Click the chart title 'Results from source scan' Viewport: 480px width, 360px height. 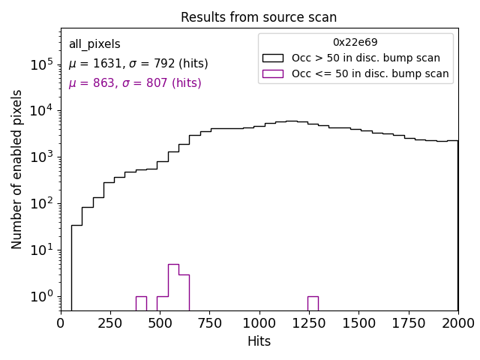(x=259, y=17)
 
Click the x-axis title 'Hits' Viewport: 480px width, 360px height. (x=259, y=341)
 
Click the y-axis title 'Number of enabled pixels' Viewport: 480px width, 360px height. (x=17, y=169)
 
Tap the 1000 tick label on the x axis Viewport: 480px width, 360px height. (x=259, y=323)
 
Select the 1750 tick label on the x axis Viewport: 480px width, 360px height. (x=408, y=323)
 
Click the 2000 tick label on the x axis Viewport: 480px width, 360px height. (x=457, y=323)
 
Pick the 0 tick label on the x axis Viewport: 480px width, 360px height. (x=61, y=323)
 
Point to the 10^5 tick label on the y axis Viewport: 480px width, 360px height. (x=40, y=64)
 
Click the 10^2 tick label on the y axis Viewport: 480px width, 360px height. (x=40, y=203)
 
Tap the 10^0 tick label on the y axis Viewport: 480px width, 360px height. (x=40, y=296)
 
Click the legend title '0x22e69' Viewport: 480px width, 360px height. (x=355, y=43)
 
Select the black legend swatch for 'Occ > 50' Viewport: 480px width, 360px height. (x=273, y=58)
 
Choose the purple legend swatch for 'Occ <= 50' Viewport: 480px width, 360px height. (x=273, y=73)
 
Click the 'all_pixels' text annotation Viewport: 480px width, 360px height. (x=94, y=44)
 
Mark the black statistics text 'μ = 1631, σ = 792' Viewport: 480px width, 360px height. (x=138, y=64)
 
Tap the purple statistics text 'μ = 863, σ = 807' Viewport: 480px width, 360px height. (x=135, y=83)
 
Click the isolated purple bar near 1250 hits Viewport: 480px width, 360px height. (x=313, y=303)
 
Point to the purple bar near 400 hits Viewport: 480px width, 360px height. (x=141, y=303)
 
